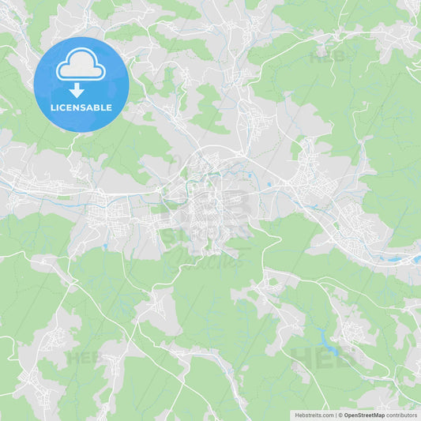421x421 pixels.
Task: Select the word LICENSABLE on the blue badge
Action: coord(81,107)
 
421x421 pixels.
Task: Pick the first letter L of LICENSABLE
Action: coord(52,107)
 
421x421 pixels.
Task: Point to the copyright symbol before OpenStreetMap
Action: coord(340,415)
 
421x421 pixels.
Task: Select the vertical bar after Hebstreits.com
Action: coord(336,415)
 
